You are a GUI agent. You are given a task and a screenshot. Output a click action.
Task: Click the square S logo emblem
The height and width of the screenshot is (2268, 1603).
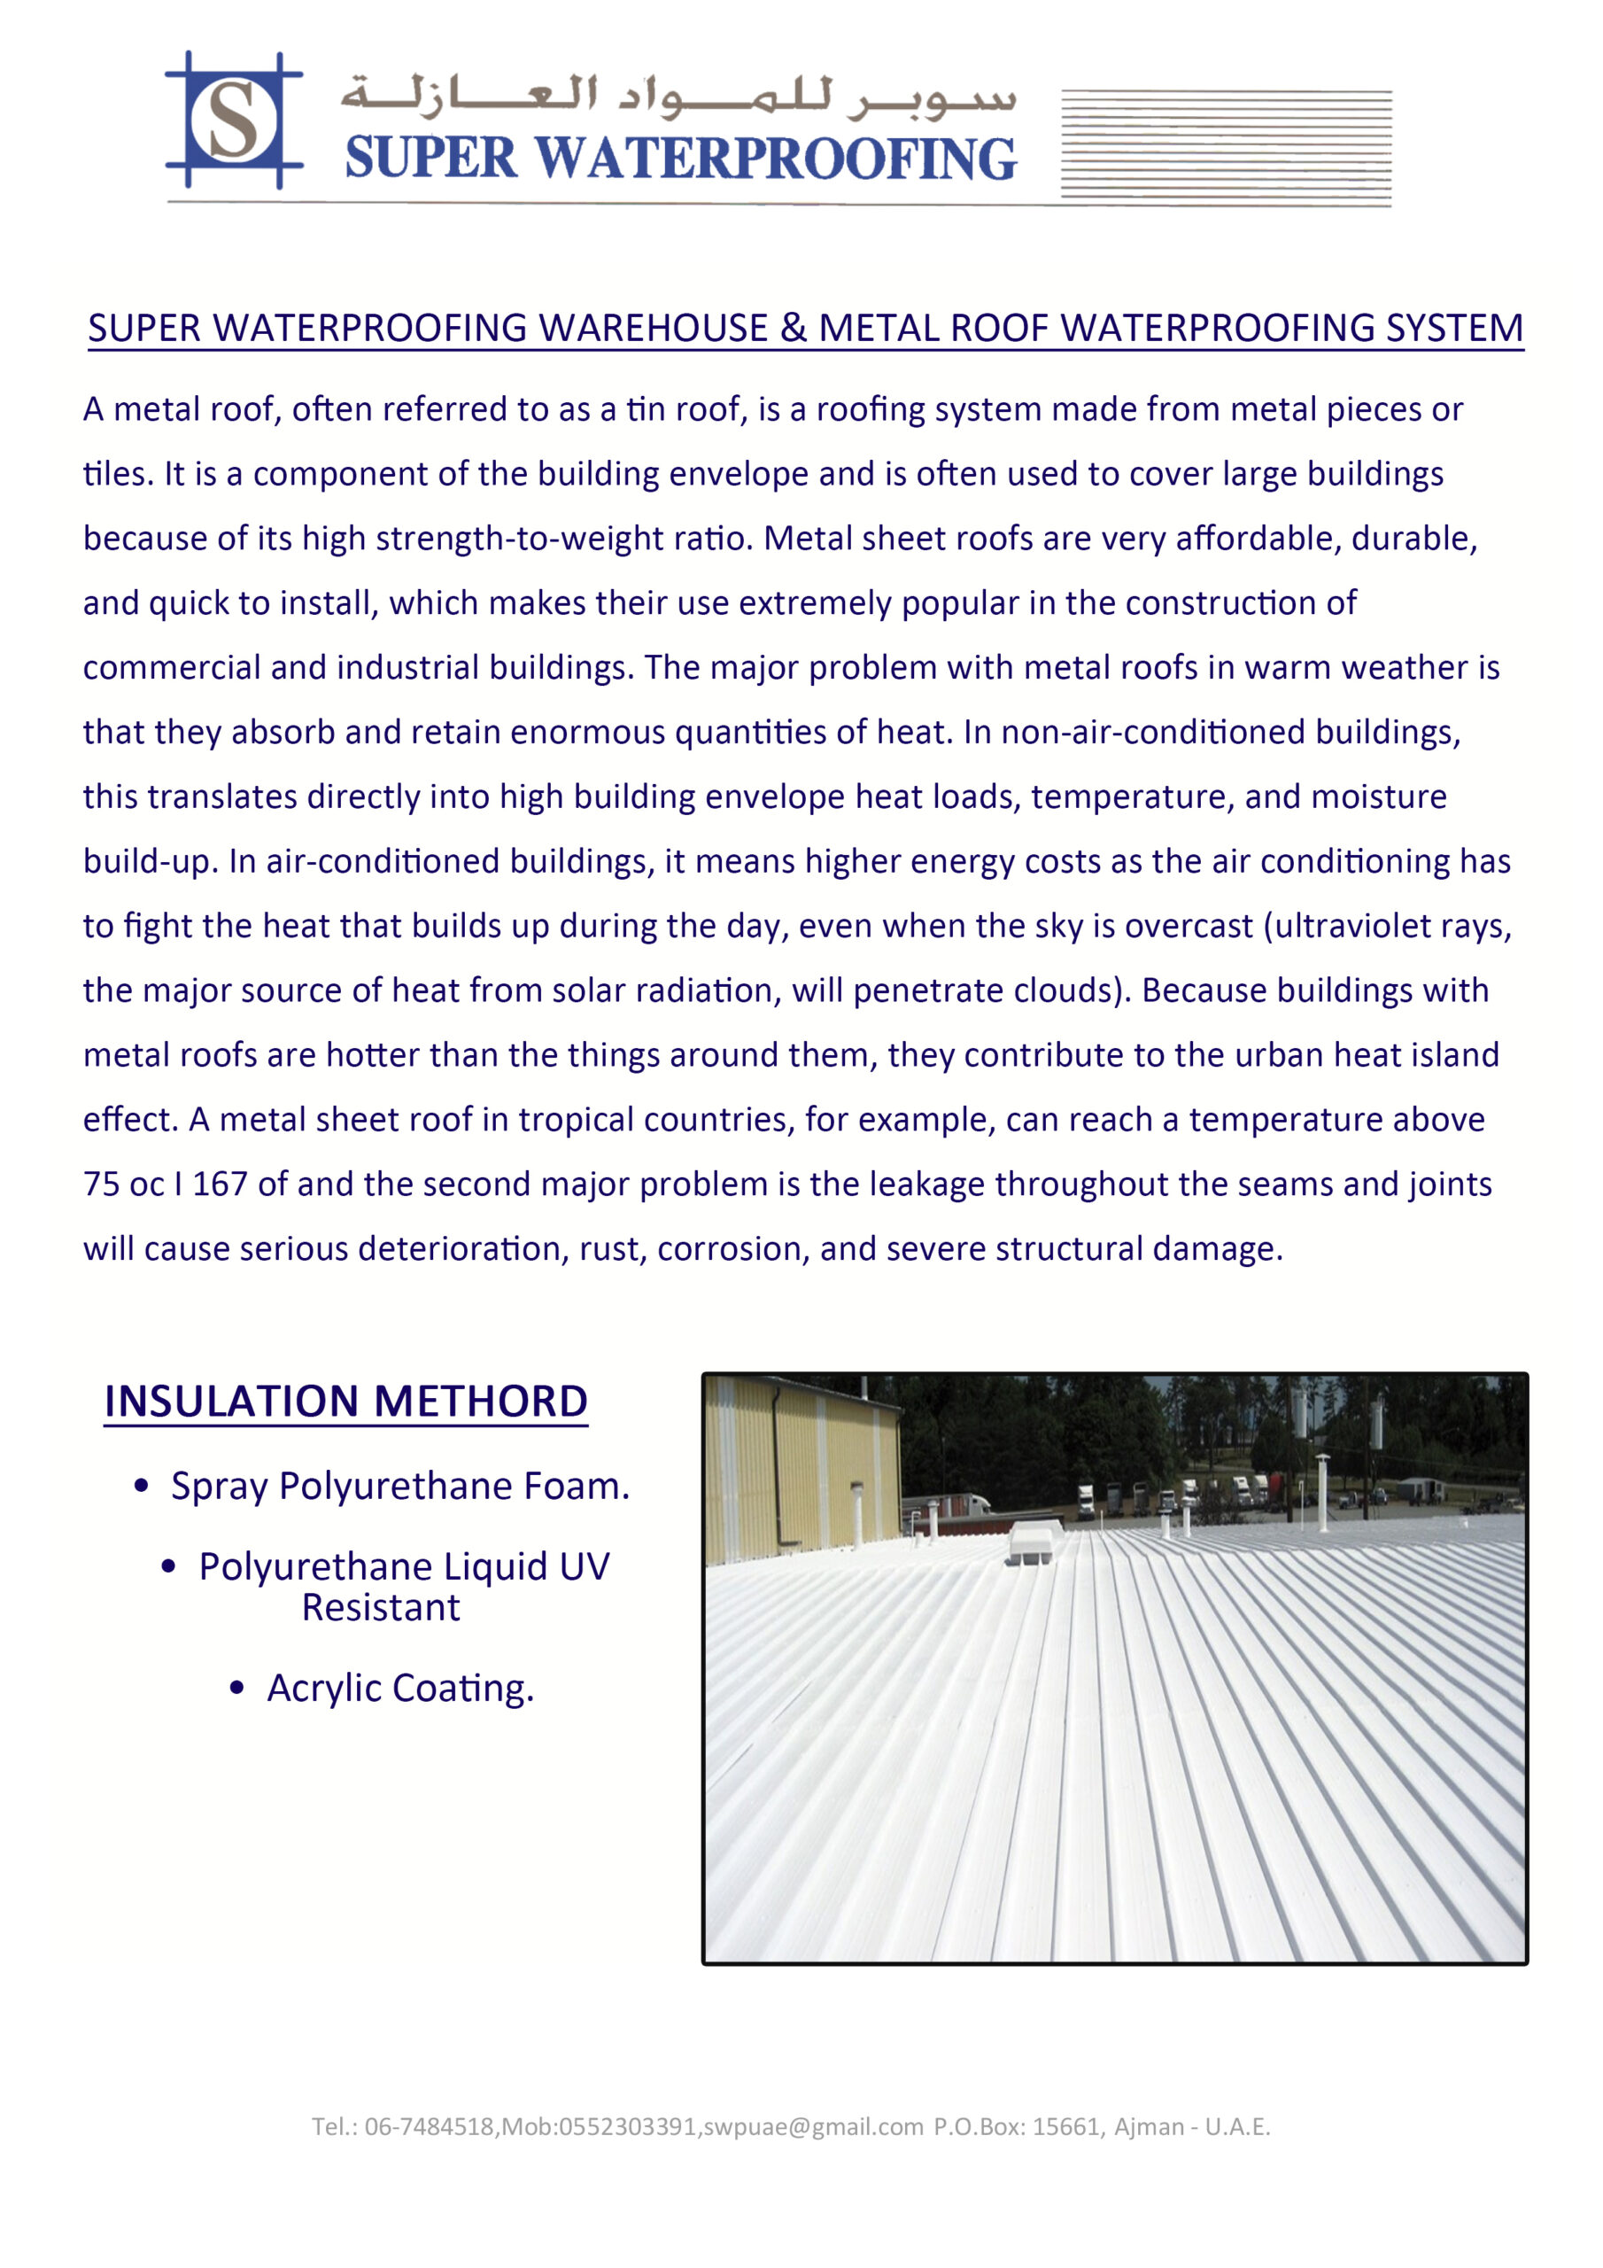pyautogui.click(x=233, y=120)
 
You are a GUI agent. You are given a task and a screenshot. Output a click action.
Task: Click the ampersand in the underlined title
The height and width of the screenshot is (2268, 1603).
pyautogui.click(x=794, y=328)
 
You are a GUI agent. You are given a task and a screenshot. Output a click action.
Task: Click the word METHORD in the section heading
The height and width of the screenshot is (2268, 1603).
pyautogui.click(x=480, y=1402)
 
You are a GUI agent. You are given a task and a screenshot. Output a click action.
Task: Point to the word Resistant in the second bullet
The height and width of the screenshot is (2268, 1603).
pyautogui.click(x=380, y=1608)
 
